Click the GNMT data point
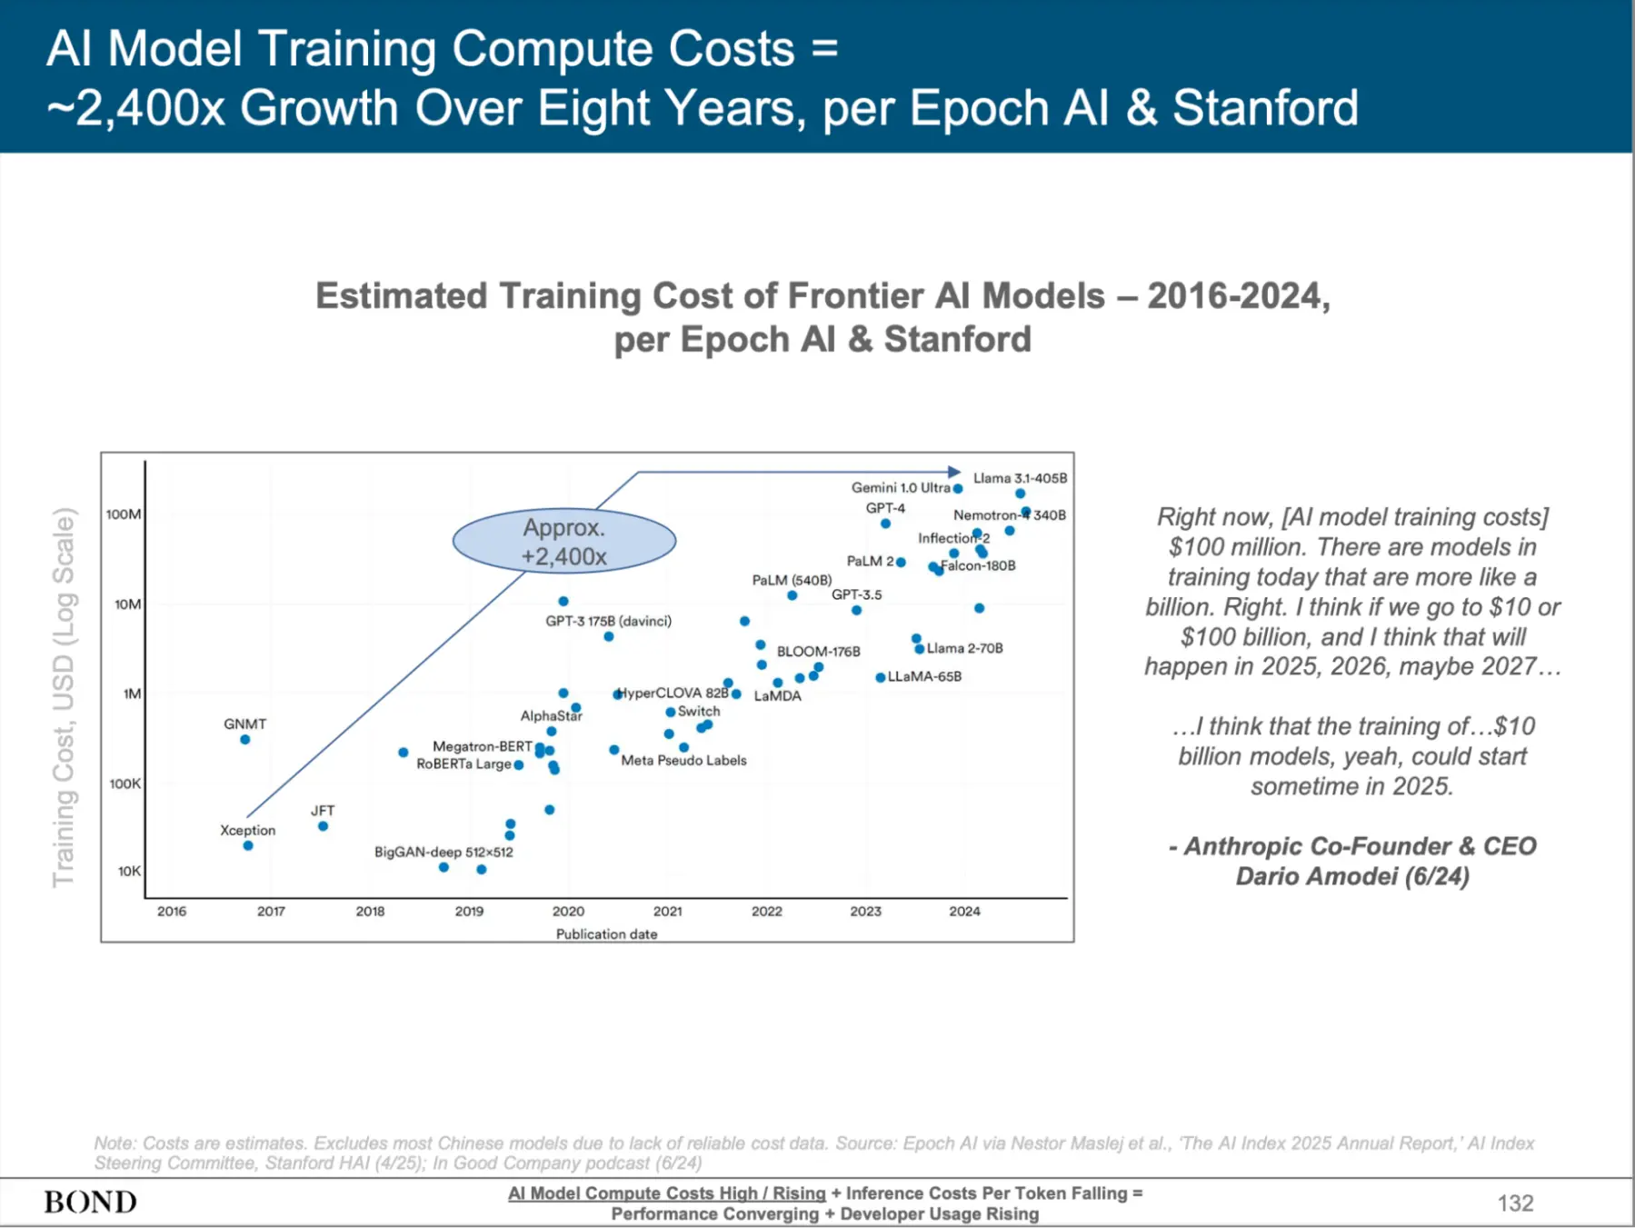[245, 740]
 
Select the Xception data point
[248, 846]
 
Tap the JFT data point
[323, 826]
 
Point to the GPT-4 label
[885, 508]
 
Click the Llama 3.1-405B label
[1020, 478]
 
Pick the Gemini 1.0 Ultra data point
[958, 489]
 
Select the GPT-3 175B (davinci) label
[608, 621]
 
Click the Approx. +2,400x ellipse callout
[564, 542]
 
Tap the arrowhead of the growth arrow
[954, 472]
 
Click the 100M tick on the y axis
[124, 514]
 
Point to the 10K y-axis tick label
[129, 871]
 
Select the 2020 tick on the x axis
[568, 911]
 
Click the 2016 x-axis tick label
[172, 911]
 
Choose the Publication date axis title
[606, 933]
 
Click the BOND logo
[90, 1203]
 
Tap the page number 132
[1515, 1203]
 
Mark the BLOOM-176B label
[818, 652]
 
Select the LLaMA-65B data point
[880, 677]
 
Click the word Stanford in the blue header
[1265, 108]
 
